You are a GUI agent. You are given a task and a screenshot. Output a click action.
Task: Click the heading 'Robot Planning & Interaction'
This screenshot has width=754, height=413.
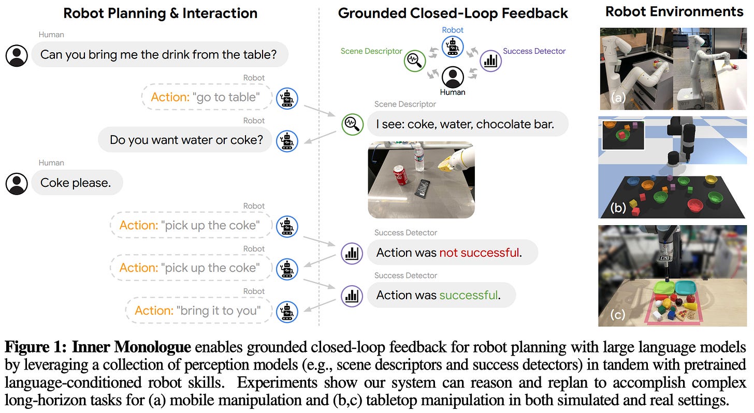(x=160, y=13)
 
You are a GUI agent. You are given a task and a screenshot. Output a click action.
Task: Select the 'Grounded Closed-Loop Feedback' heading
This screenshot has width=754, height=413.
(x=453, y=13)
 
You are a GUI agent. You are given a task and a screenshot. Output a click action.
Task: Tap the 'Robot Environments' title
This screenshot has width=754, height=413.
(x=674, y=12)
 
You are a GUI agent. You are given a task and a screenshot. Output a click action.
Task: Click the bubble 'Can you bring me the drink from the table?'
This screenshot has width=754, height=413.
(x=160, y=54)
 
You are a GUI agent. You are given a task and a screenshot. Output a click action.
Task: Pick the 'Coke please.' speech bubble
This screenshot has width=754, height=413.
(x=77, y=183)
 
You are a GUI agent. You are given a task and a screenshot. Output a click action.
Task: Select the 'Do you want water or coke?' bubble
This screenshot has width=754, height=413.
(x=185, y=140)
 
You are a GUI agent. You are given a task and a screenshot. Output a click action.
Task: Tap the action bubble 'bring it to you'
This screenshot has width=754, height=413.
(x=199, y=311)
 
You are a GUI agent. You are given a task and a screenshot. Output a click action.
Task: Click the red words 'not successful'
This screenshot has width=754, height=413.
(x=480, y=252)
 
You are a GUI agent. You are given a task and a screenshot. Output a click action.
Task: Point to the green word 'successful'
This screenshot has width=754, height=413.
(x=469, y=295)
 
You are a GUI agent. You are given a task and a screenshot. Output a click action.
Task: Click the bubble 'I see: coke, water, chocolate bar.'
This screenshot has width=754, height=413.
(x=468, y=124)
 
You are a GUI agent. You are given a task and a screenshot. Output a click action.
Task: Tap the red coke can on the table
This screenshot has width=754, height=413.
(x=401, y=175)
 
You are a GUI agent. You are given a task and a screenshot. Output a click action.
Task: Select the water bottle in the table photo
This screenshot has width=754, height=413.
(x=419, y=157)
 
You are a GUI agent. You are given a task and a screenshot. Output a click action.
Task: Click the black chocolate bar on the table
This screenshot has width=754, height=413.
(x=423, y=189)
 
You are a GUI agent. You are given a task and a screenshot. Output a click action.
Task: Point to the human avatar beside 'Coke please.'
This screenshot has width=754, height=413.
(x=17, y=184)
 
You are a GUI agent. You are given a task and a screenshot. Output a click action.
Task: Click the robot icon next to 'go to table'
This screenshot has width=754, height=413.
(x=287, y=98)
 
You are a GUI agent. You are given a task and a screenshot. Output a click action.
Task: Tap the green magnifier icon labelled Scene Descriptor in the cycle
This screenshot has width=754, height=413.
(x=415, y=61)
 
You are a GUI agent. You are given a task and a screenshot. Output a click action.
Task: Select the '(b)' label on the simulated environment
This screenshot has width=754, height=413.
(x=618, y=208)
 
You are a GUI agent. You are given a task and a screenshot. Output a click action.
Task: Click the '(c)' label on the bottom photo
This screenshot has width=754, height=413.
(x=618, y=315)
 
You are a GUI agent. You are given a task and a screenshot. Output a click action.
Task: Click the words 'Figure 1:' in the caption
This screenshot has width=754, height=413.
(x=36, y=347)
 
